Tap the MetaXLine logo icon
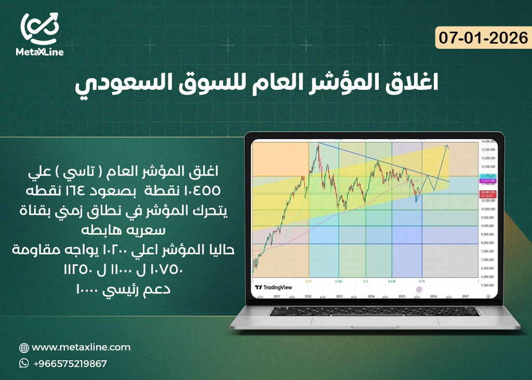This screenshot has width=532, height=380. point(40,29)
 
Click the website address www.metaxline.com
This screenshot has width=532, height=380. point(81,347)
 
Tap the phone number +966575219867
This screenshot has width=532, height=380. point(70,363)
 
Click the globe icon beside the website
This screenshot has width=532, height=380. point(24,348)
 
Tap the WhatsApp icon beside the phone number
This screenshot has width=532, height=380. point(24,363)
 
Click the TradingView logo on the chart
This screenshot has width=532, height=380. point(274,287)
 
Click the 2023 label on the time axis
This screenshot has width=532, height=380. point(339,296)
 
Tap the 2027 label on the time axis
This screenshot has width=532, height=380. point(465,296)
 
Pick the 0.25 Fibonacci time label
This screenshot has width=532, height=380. point(309,281)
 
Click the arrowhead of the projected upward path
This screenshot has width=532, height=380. point(448,146)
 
